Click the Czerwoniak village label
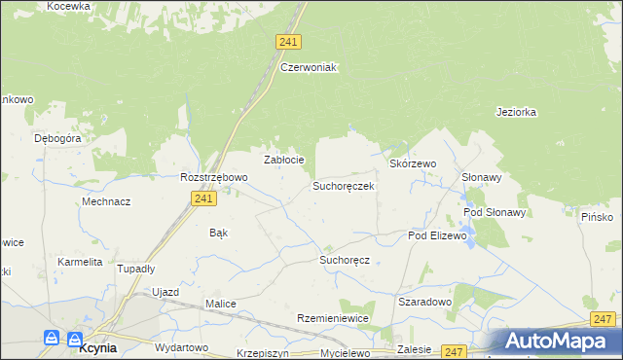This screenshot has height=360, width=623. [x=308, y=67]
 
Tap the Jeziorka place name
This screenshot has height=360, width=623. [x=516, y=112]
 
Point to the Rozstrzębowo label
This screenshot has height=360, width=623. [x=214, y=177]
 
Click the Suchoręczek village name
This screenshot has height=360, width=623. [x=344, y=185]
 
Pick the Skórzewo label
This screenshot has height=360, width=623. [x=413, y=164]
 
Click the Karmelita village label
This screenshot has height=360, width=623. [x=80, y=262]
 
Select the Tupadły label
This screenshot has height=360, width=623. [x=135, y=268]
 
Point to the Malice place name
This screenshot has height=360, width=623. [x=221, y=304]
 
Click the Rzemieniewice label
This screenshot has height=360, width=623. [x=332, y=319]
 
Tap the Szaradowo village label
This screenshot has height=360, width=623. [x=425, y=302]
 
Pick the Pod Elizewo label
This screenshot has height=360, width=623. [x=438, y=235]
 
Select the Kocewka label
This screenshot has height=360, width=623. [x=68, y=6]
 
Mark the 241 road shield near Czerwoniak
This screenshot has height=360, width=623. [x=288, y=42]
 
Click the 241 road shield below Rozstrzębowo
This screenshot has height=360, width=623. [x=202, y=198]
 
